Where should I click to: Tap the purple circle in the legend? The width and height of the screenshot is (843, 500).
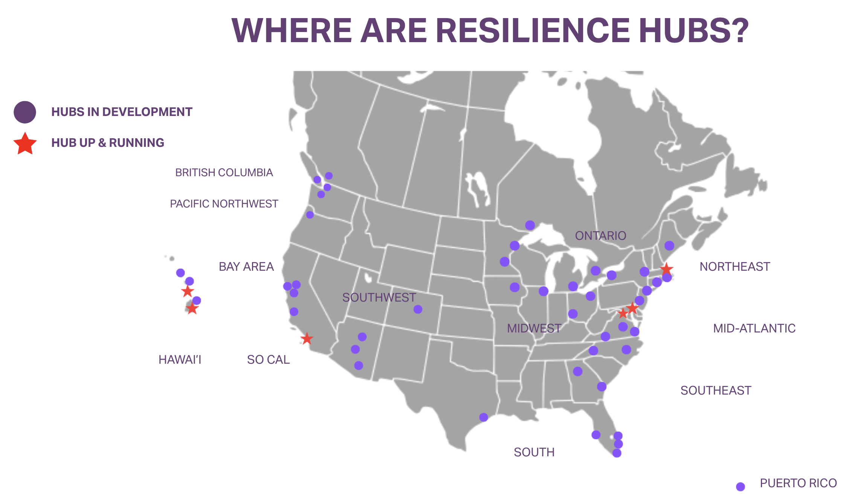coord(25,112)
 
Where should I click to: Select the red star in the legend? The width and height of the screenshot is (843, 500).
coord(25,143)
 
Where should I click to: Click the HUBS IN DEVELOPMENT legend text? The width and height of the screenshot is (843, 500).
coord(122,112)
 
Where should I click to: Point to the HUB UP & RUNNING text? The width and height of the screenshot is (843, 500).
coord(108,143)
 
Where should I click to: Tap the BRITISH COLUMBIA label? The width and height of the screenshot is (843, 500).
coord(224,172)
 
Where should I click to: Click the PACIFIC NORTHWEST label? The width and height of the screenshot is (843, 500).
coord(224,204)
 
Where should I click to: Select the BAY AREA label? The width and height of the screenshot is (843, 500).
coord(246,267)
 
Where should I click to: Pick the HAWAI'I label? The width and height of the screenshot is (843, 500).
coord(180,360)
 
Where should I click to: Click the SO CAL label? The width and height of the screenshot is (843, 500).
coord(268,360)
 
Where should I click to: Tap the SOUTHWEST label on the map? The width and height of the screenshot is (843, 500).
coord(379,297)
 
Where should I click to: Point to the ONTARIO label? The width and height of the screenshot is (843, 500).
coord(600,236)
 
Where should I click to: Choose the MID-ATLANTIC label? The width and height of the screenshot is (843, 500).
coord(754,328)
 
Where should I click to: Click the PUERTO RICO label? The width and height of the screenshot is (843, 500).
coord(798,483)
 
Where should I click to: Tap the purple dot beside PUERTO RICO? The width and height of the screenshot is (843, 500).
coord(741,486)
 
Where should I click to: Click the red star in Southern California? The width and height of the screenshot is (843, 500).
coord(307,338)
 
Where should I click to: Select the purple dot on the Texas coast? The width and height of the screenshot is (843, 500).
coord(484,417)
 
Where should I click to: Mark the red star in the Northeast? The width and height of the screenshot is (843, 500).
coord(666,269)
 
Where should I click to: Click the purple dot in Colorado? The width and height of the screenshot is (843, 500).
coord(418,309)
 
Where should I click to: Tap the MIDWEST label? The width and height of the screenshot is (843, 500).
coord(534,328)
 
